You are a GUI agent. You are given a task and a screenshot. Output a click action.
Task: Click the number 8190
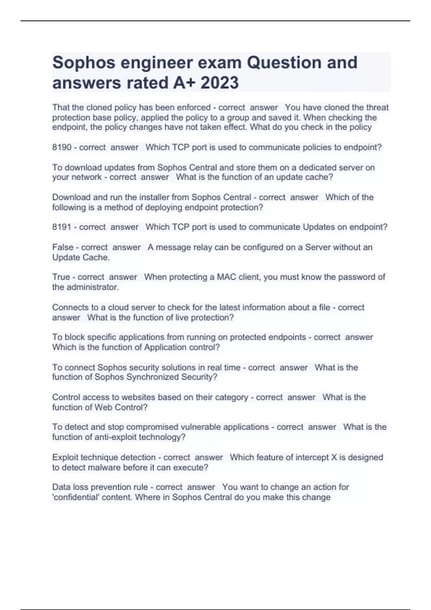pyautogui.click(x=62, y=147)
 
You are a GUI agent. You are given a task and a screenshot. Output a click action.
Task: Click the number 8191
pyautogui.click(x=62, y=227)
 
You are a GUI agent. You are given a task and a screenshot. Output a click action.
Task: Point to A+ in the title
pyautogui.click(x=184, y=83)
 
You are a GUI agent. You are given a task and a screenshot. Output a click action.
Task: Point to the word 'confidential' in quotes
pyautogui.click(x=74, y=497)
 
